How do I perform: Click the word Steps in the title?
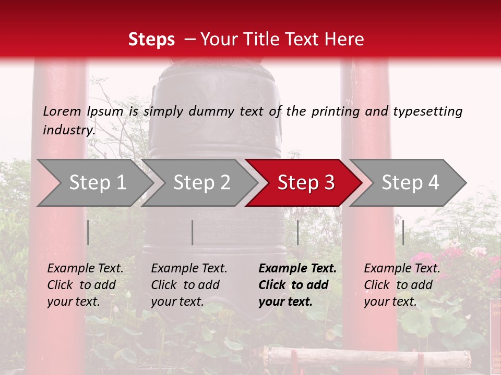151,40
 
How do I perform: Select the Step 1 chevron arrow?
97,183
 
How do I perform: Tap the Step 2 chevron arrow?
201,183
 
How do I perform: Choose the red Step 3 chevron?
305,183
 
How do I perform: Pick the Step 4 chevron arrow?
410,183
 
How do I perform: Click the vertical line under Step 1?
88,232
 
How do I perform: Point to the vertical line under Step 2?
193,232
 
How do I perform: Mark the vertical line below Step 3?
297,232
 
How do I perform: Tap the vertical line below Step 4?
403,232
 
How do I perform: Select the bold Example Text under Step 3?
297,285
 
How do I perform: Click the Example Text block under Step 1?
85,285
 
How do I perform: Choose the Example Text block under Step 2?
189,285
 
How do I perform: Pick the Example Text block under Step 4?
402,285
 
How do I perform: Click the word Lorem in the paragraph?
62,111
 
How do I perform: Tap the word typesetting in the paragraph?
427,111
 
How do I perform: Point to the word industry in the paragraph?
69,130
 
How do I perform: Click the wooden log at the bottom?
365,356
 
